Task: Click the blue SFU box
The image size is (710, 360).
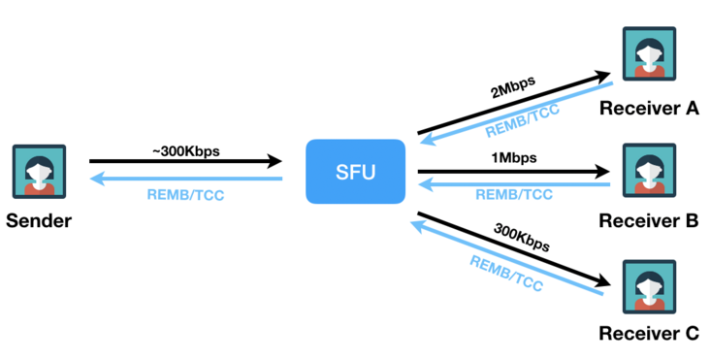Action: click(354, 172)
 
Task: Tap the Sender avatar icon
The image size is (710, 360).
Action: click(40, 172)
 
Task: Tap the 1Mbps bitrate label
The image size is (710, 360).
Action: click(514, 157)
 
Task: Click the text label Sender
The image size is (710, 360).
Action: click(40, 220)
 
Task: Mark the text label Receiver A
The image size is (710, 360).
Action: click(648, 107)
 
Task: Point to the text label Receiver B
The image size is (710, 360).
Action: click(648, 220)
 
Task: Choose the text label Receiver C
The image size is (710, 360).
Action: click(648, 335)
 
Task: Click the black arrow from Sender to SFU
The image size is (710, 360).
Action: click(184, 163)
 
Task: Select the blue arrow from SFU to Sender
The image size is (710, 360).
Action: click(184, 180)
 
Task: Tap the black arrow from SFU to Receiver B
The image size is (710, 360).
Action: click(514, 172)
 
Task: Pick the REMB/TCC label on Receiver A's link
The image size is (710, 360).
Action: click(521, 120)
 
